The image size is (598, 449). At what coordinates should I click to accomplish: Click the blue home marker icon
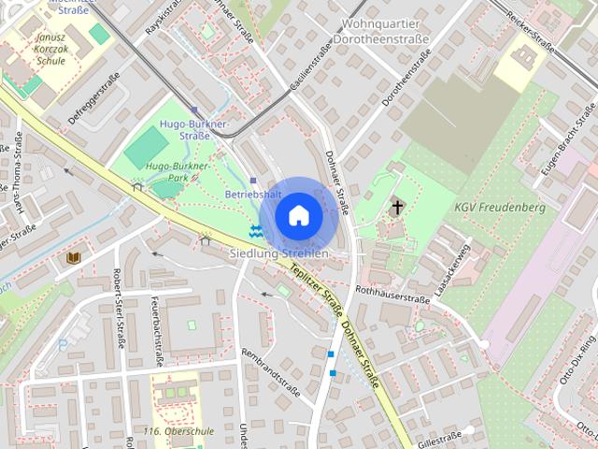[x=298, y=215]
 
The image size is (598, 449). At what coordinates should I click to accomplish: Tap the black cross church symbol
[x=397, y=206]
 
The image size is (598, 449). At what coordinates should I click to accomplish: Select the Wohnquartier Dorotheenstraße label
[x=386, y=31]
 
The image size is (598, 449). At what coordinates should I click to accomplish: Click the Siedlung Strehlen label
[x=279, y=253]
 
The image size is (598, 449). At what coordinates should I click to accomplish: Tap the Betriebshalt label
[x=253, y=194]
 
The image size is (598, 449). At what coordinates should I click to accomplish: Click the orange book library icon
[x=74, y=256]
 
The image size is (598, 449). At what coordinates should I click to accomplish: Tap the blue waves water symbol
[x=256, y=229]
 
